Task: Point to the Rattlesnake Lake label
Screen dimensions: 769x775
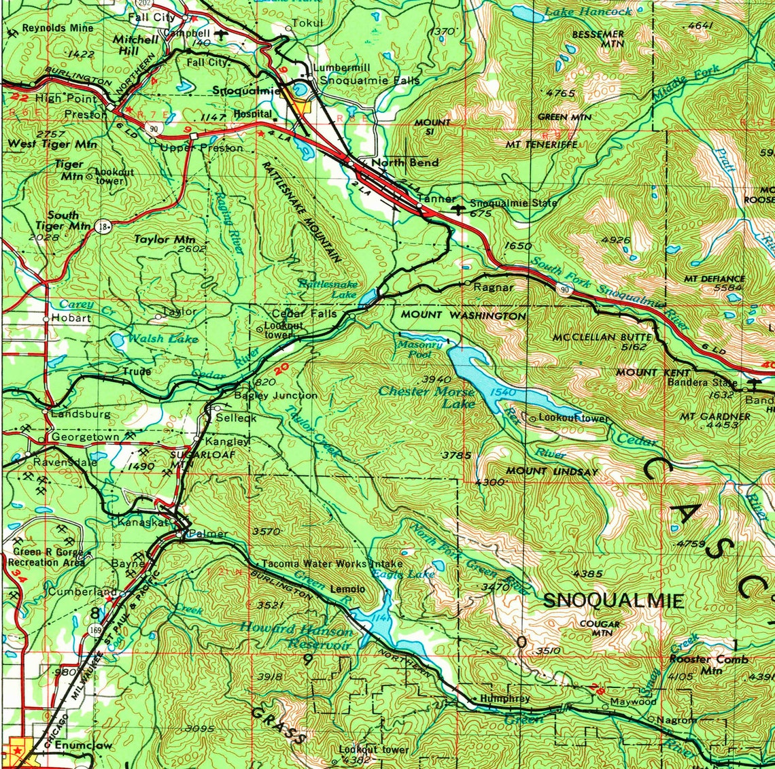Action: (328, 288)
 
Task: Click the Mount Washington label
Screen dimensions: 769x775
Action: (463, 315)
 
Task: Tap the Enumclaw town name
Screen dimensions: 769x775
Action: (83, 746)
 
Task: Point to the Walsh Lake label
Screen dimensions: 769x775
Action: (163, 339)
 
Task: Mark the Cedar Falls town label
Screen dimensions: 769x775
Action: (304, 314)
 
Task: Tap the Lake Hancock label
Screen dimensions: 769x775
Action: (588, 12)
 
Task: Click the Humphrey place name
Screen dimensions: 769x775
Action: (504, 698)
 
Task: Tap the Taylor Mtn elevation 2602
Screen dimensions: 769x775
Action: (190, 249)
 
